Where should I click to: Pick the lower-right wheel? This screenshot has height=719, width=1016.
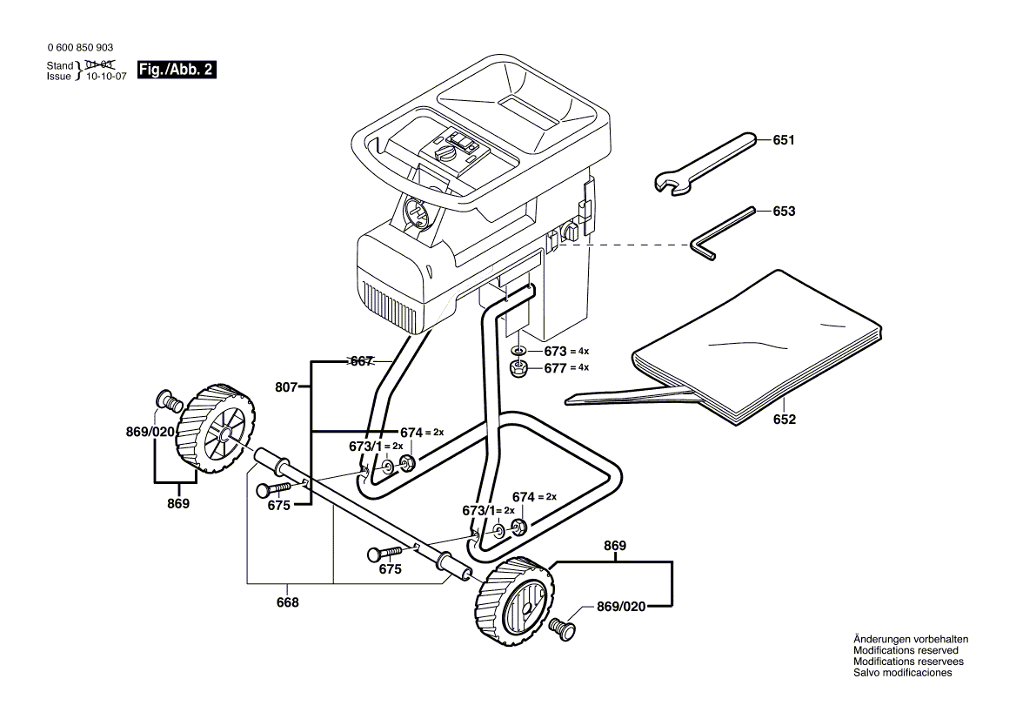point(517,600)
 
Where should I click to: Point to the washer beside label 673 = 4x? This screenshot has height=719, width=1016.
point(518,351)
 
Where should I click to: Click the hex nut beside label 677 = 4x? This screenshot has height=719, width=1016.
point(518,368)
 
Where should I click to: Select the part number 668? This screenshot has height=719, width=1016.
point(288,602)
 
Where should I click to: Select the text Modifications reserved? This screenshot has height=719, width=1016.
point(906,650)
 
